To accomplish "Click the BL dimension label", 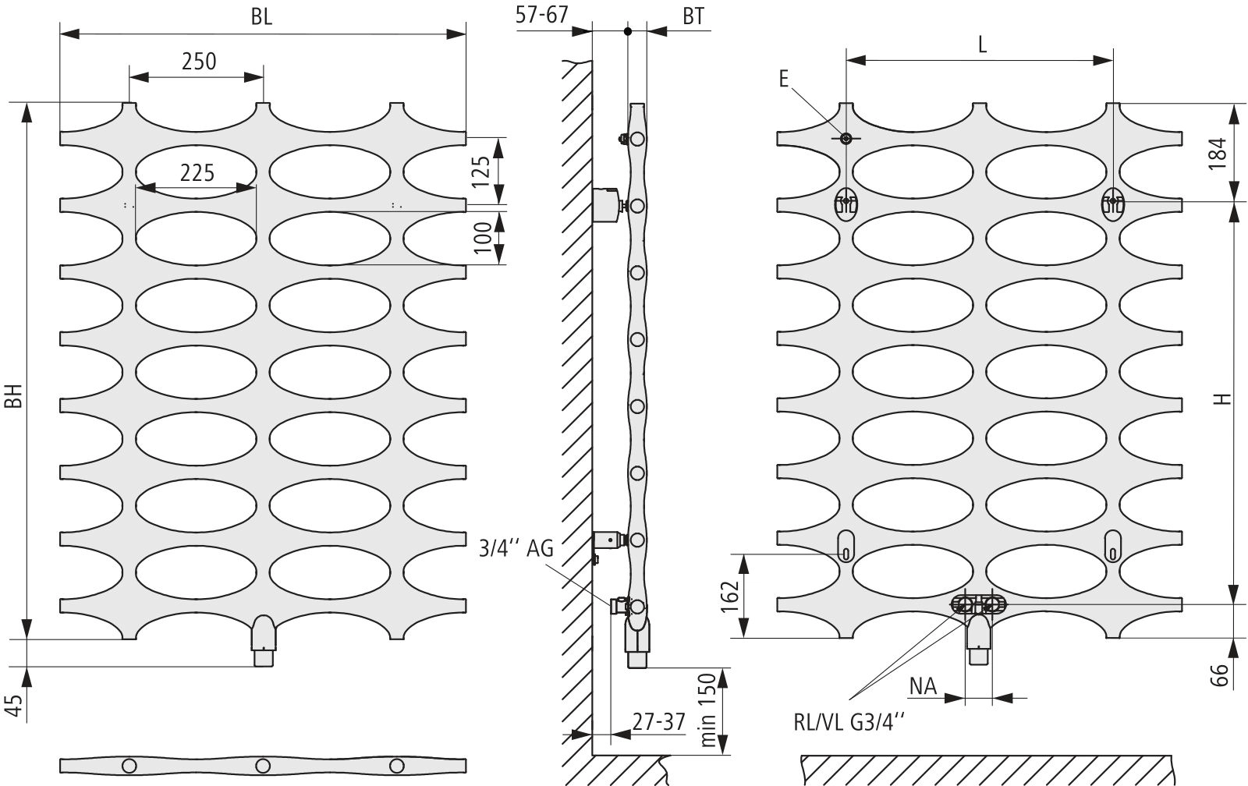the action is click(x=261, y=16).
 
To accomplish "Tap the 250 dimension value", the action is click(x=199, y=62).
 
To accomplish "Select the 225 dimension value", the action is click(x=197, y=173).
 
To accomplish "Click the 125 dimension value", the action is click(x=480, y=171).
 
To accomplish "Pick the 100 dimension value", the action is click(x=483, y=237).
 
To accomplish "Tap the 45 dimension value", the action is click(x=15, y=706).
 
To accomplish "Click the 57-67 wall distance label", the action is click(x=541, y=15).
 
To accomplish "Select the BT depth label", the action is click(x=693, y=16).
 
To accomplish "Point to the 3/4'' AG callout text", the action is click(x=516, y=549).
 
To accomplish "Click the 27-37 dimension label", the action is click(x=658, y=722).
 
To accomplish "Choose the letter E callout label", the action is click(x=784, y=79).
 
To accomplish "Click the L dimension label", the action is click(x=982, y=44).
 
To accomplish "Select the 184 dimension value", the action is click(x=1219, y=153).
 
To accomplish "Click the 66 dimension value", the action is click(x=1219, y=675).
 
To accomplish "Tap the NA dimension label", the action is click(x=924, y=687).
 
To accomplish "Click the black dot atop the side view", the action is click(x=628, y=31).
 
